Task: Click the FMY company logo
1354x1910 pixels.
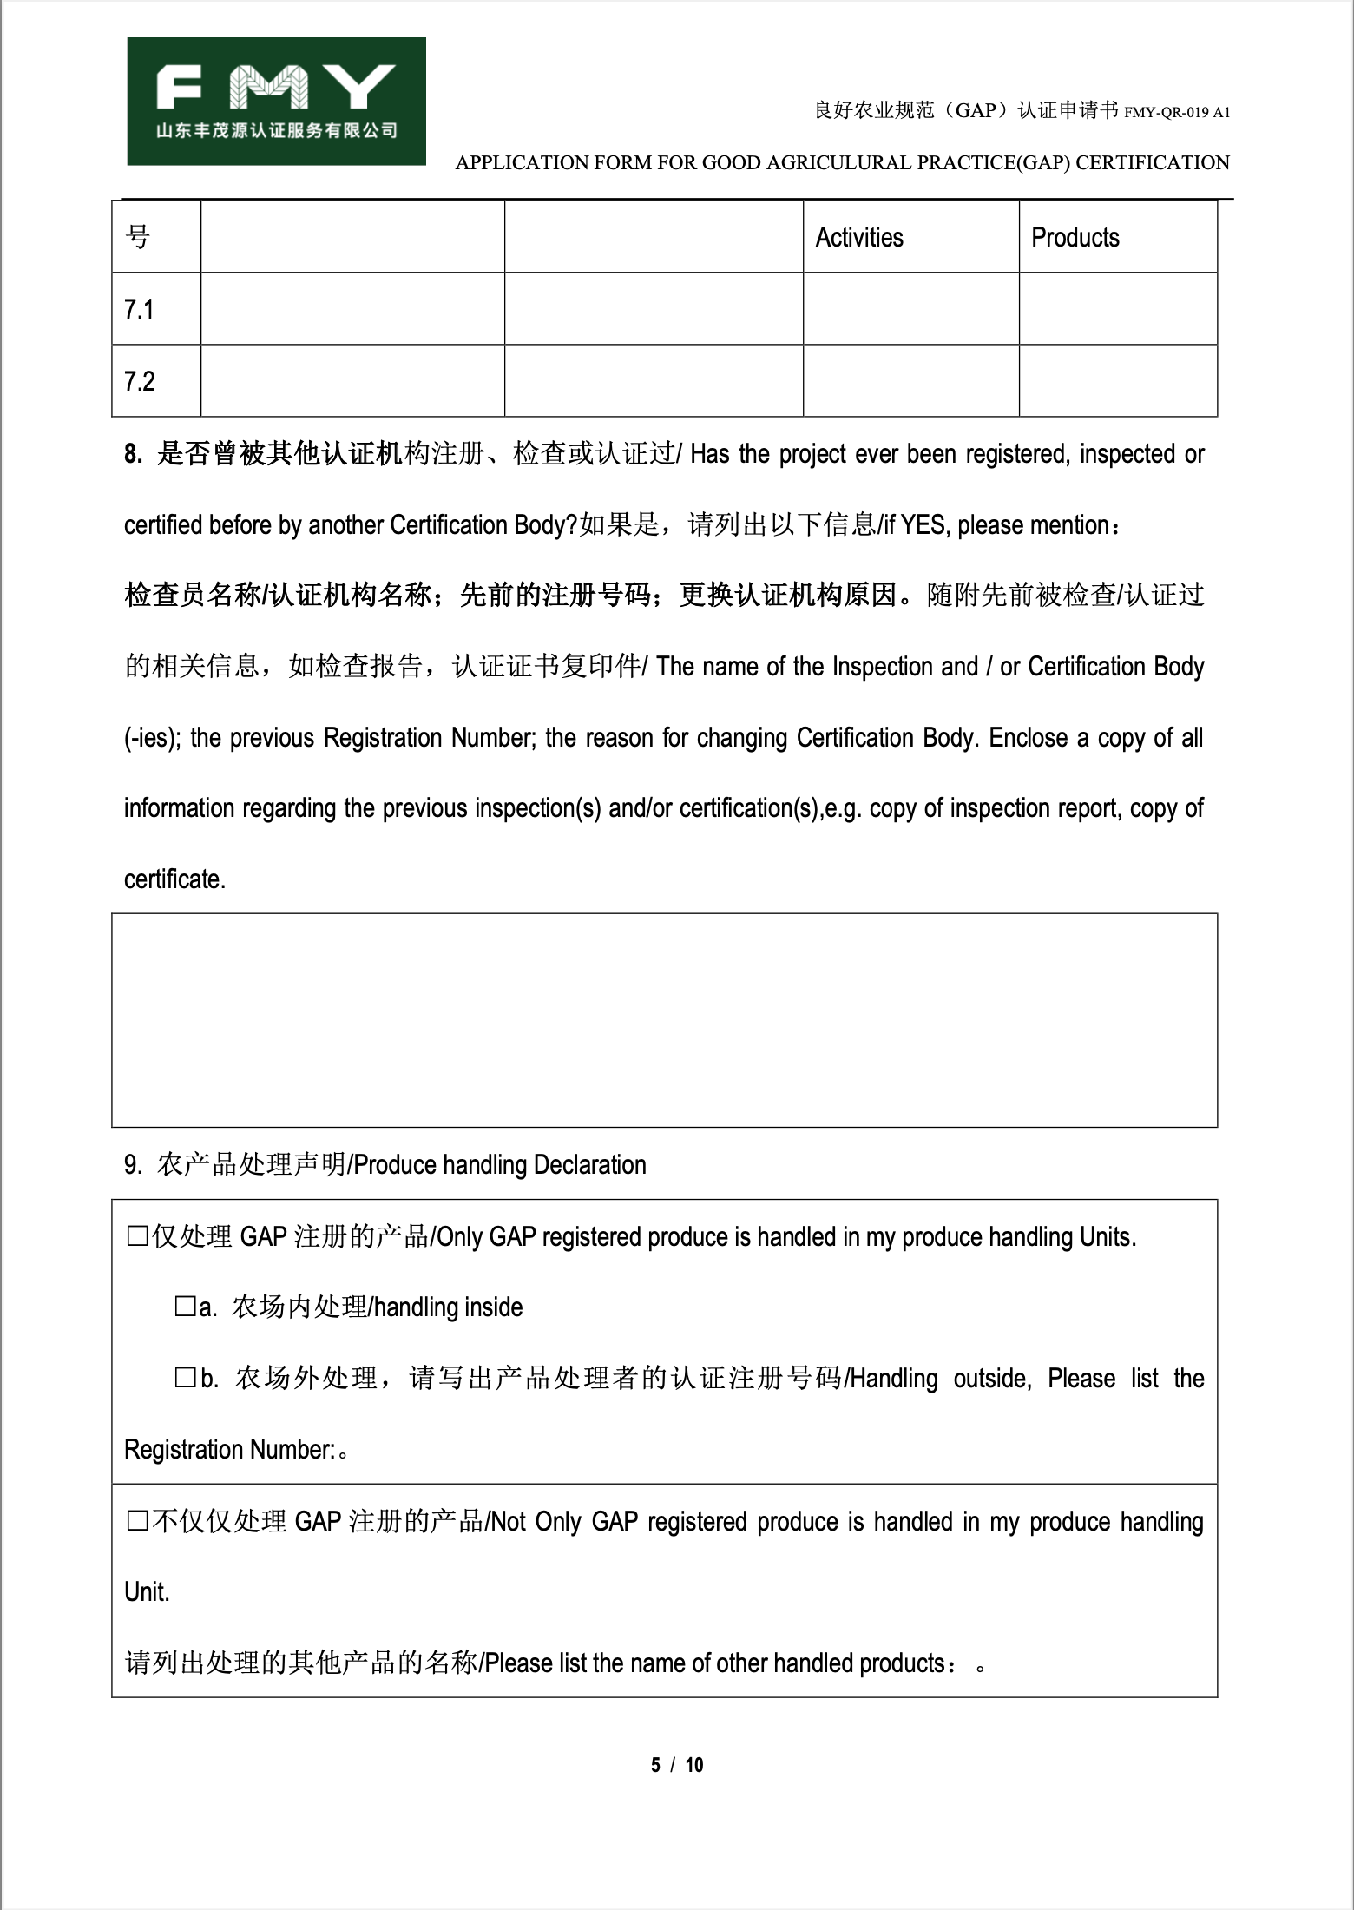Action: pyautogui.click(x=276, y=101)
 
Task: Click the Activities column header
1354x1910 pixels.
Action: pyautogui.click(x=858, y=238)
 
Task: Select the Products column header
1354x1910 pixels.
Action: pyautogui.click(x=1075, y=238)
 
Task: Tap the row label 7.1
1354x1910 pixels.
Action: pyautogui.click(x=139, y=309)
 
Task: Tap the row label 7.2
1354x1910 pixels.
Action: pyautogui.click(x=139, y=381)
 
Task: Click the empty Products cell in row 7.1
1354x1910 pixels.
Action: pyautogui.click(x=1117, y=309)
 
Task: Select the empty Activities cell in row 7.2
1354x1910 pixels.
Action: pyautogui.click(x=910, y=381)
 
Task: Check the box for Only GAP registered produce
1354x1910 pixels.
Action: pyautogui.click(x=137, y=1236)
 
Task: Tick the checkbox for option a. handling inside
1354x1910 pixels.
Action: pyautogui.click(x=185, y=1307)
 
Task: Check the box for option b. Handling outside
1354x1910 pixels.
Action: pyautogui.click(x=185, y=1378)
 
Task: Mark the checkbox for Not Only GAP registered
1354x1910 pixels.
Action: pyautogui.click(x=137, y=1521)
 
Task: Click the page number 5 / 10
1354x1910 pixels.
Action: pyautogui.click(x=677, y=1765)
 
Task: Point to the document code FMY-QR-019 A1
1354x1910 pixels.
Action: pyautogui.click(x=1177, y=113)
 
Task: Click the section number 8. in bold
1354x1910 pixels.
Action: pyautogui.click(x=133, y=454)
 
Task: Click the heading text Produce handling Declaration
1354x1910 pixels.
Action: pyautogui.click(x=500, y=1165)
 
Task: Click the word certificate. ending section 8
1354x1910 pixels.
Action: pyautogui.click(x=174, y=879)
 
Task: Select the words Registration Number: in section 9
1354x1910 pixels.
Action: pyautogui.click(x=229, y=1450)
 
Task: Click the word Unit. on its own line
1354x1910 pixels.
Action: pyautogui.click(x=147, y=1592)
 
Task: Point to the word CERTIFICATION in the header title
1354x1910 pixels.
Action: pyautogui.click(x=1153, y=163)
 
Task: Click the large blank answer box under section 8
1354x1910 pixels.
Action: pyautogui.click(x=664, y=1020)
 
